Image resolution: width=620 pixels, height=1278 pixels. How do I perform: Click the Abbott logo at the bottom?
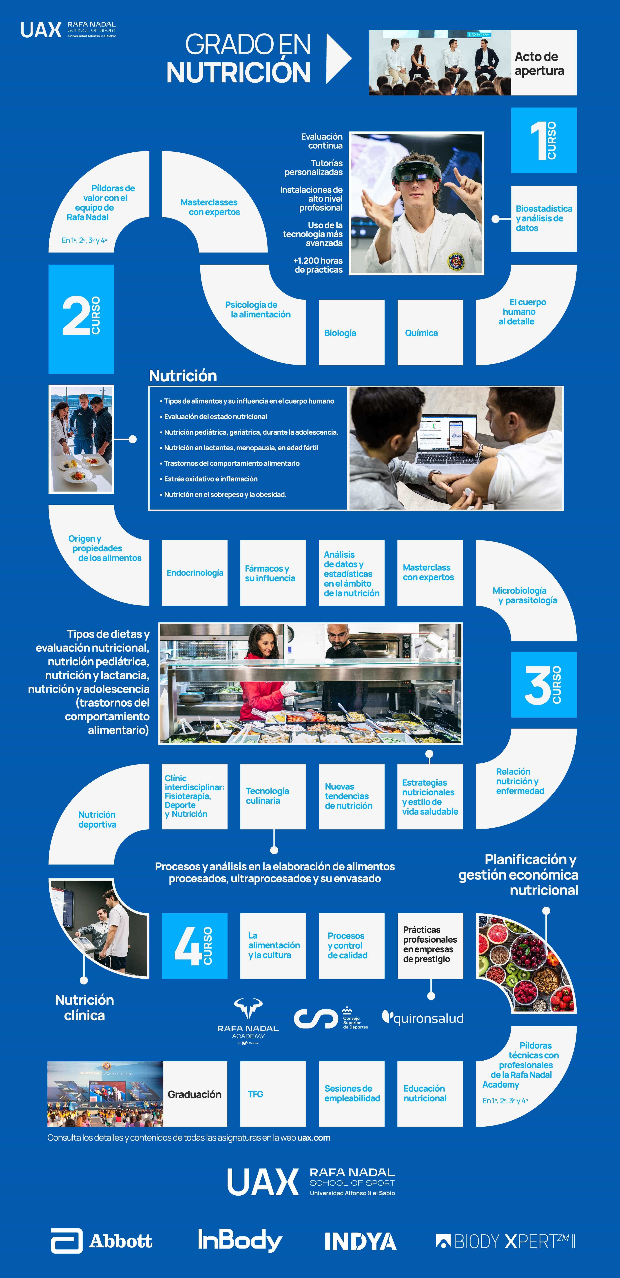click(x=102, y=1241)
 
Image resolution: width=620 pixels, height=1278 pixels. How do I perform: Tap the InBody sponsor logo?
click(x=240, y=1240)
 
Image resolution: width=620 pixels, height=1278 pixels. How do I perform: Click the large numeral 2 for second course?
click(x=75, y=316)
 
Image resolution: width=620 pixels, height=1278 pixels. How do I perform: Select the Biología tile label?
click(x=340, y=333)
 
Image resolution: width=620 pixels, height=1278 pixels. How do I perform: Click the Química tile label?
click(x=421, y=333)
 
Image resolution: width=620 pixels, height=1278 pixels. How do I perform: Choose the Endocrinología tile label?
click(x=195, y=573)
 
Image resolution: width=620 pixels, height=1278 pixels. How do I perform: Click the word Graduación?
click(x=194, y=1094)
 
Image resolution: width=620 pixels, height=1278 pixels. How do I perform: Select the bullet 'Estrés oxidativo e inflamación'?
click(x=211, y=479)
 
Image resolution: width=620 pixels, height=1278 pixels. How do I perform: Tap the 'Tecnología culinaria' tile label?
click(x=267, y=796)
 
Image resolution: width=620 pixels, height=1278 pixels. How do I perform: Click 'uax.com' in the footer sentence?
click(x=314, y=1138)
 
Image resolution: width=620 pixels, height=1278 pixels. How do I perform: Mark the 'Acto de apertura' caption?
click(x=539, y=63)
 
